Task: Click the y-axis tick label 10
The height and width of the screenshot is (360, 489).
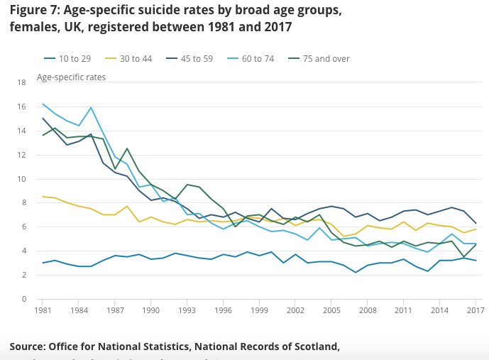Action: pos(21,179)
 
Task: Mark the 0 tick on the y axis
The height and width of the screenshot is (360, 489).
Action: pos(24,299)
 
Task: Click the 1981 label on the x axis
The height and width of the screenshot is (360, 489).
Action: pos(43,311)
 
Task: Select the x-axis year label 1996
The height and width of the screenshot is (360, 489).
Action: pos(224,311)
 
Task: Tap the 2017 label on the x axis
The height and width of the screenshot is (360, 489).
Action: pos(476,311)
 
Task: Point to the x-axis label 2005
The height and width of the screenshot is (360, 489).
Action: pos(331,311)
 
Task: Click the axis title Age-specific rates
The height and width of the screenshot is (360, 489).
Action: pos(71,77)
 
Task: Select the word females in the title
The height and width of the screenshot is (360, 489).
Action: pos(33,27)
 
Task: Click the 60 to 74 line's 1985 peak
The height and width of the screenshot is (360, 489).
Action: pos(91,108)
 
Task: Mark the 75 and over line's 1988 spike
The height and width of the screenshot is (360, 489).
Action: pos(127,148)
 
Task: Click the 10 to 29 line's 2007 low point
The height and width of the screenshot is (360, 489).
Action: pos(355,272)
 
